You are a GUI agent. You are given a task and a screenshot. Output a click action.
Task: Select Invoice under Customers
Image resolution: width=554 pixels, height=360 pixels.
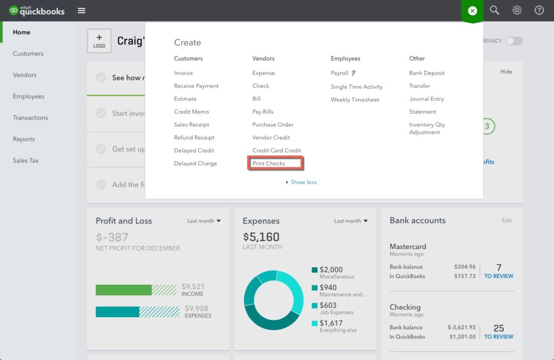pyautogui.click(x=183, y=73)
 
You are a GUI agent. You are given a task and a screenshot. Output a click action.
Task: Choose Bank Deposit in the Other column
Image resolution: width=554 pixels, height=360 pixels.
pyautogui.click(x=427, y=73)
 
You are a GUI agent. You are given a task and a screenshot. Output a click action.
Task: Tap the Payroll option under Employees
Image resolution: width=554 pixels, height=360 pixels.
pyautogui.click(x=340, y=73)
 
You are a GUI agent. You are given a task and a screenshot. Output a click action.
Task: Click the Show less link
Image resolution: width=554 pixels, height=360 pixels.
pyautogui.click(x=303, y=182)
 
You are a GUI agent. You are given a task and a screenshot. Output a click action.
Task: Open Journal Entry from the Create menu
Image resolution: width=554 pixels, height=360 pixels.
pyautogui.click(x=426, y=99)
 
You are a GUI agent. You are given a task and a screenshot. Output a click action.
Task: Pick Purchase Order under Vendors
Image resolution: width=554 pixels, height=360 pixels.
pyautogui.click(x=273, y=125)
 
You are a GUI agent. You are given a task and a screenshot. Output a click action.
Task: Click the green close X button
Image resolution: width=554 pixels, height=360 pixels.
pyautogui.click(x=472, y=11)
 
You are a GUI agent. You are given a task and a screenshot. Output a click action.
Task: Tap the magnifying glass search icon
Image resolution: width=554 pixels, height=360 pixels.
pyautogui.click(x=494, y=10)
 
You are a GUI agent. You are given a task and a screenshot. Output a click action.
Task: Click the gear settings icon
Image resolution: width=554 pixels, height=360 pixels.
pyautogui.click(x=517, y=10)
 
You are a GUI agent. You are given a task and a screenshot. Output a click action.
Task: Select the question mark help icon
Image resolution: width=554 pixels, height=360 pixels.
pyautogui.click(x=539, y=10)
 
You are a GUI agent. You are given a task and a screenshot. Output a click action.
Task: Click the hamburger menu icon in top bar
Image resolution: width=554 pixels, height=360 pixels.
pyautogui.click(x=81, y=10)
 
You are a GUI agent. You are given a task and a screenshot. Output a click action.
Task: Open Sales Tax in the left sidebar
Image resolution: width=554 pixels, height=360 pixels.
pyautogui.click(x=25, y=161)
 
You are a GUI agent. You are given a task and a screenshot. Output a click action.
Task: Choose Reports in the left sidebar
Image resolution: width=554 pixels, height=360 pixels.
pyautogui.click(x=24, y=139)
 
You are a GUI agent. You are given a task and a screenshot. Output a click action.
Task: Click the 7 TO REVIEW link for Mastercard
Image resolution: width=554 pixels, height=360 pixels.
pyautogui.click(x=498, y=271)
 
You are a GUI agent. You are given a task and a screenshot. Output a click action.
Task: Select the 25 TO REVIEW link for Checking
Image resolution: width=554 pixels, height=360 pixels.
pyautogui.click(x=498, y=332)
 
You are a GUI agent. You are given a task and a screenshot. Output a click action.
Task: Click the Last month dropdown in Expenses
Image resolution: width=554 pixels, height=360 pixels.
pyautogui.click(x=351, y=221)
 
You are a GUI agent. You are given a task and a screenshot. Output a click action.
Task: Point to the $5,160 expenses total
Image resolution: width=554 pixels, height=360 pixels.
pyautogui.click(x=261, y=237)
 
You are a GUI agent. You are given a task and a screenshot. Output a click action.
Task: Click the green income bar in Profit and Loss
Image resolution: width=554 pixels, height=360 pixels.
pyautogui.click(x=123, y=290)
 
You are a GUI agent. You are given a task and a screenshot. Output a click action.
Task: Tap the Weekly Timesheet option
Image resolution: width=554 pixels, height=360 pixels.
pyautogui.click(x=355, y=100)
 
